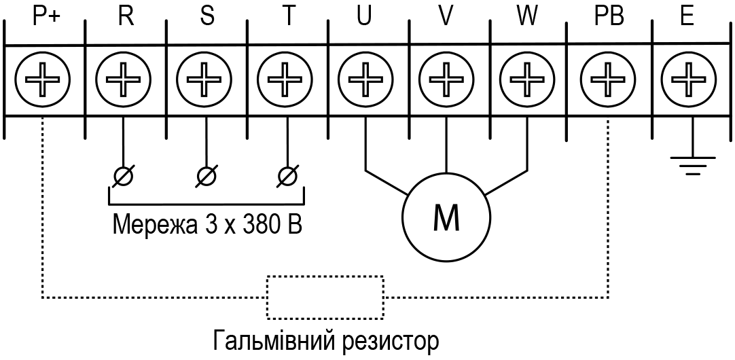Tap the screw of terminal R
[x=123, y=79]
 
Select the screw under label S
[x=204, y=79]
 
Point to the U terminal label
[x=363, y=18]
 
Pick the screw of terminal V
[x=446, y=79]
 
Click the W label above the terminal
[x=527, y=18]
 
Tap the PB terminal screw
[x=608, y=79]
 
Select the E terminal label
[x=687, y=18]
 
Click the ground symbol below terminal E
[x=693, y=166]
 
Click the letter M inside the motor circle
[x=446, y=217]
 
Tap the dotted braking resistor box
[x=325, y=276]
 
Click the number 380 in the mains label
[x=261, y=225]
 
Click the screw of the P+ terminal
[x=42, y=79]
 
